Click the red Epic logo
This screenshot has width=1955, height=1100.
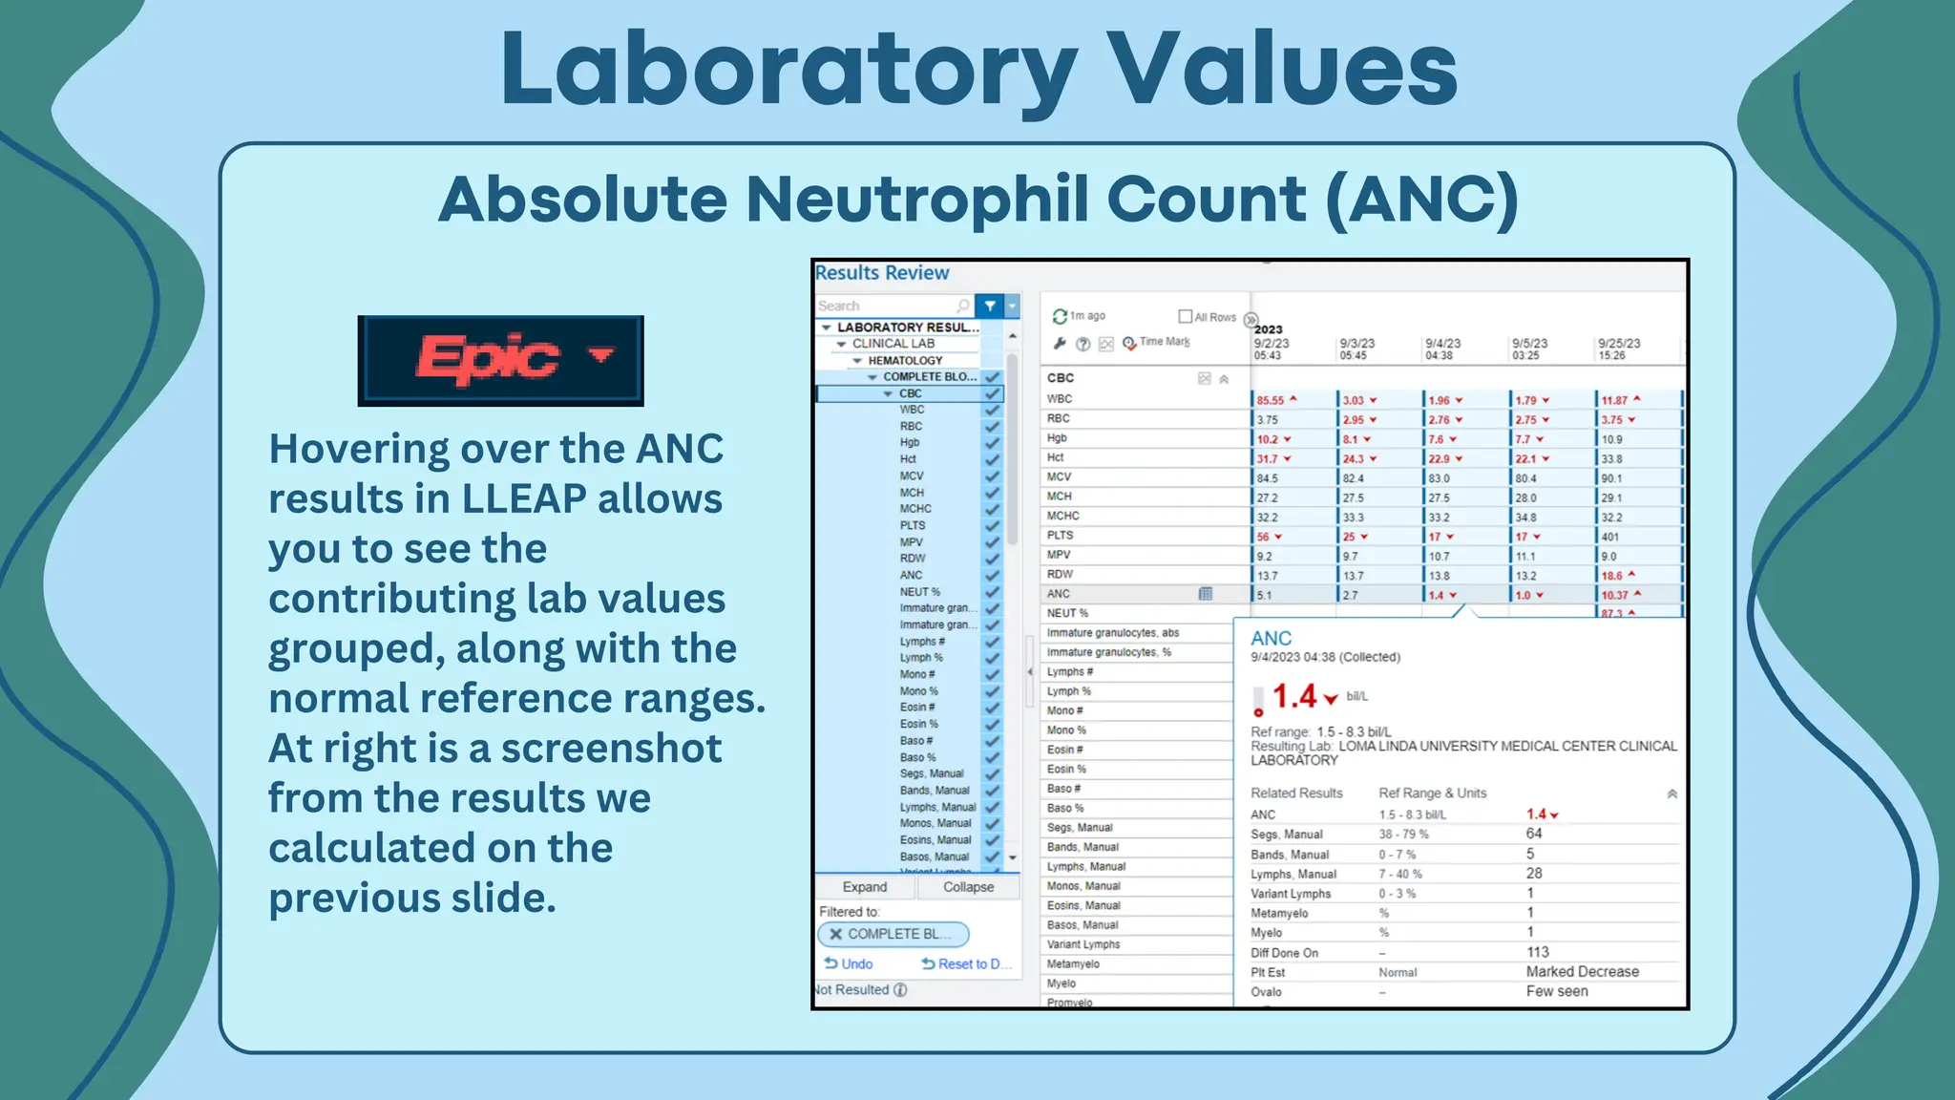(x=489, y=359)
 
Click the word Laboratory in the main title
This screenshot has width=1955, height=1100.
(x=788, y=69)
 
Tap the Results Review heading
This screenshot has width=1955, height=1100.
(x=882, y=273)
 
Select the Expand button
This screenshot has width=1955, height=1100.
(x=865, y=887)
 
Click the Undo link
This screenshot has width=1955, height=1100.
(x=849, y=963)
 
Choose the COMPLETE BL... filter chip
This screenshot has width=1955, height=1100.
(x=893, y=934)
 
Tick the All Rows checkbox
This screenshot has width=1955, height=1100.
(x=1186, y=316)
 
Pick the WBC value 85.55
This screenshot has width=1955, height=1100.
(x=1271, y=400)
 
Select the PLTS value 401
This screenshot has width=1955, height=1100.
(x=1611, y=537)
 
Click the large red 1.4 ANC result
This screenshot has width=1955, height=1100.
(x=1294, y=697)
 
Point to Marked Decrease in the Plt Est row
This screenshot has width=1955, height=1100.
(x=1582, y=971)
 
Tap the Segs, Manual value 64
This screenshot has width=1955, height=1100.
(x=1534, y=834)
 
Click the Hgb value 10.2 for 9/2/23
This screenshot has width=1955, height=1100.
(x=1268, y=439)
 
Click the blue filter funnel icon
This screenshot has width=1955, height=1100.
(x=990, y=306)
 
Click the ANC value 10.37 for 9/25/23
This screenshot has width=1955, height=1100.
(x=1615, y=595)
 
